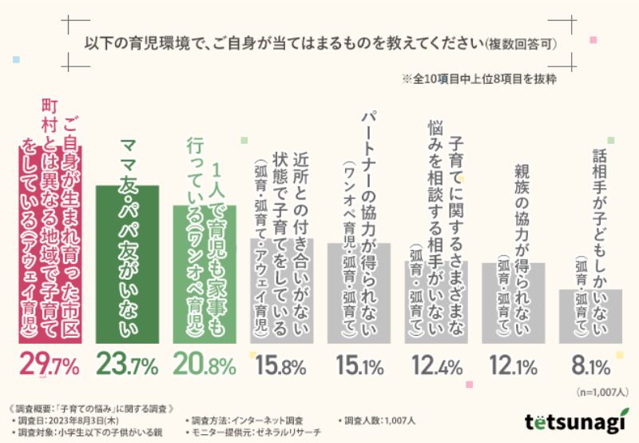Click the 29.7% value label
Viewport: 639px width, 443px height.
pos(50,367)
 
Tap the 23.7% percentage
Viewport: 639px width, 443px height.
pos(127,367)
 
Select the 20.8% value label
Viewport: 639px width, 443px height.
pos(204,367)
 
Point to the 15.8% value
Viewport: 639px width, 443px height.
pos(281,367)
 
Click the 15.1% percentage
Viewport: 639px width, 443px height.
pos(359,367)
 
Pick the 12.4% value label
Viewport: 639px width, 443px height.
pos(436,367)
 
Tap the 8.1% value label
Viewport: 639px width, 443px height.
pos(591,367)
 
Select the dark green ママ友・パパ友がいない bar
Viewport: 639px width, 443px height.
pos(127,264)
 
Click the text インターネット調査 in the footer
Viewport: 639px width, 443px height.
pos(276,420)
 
